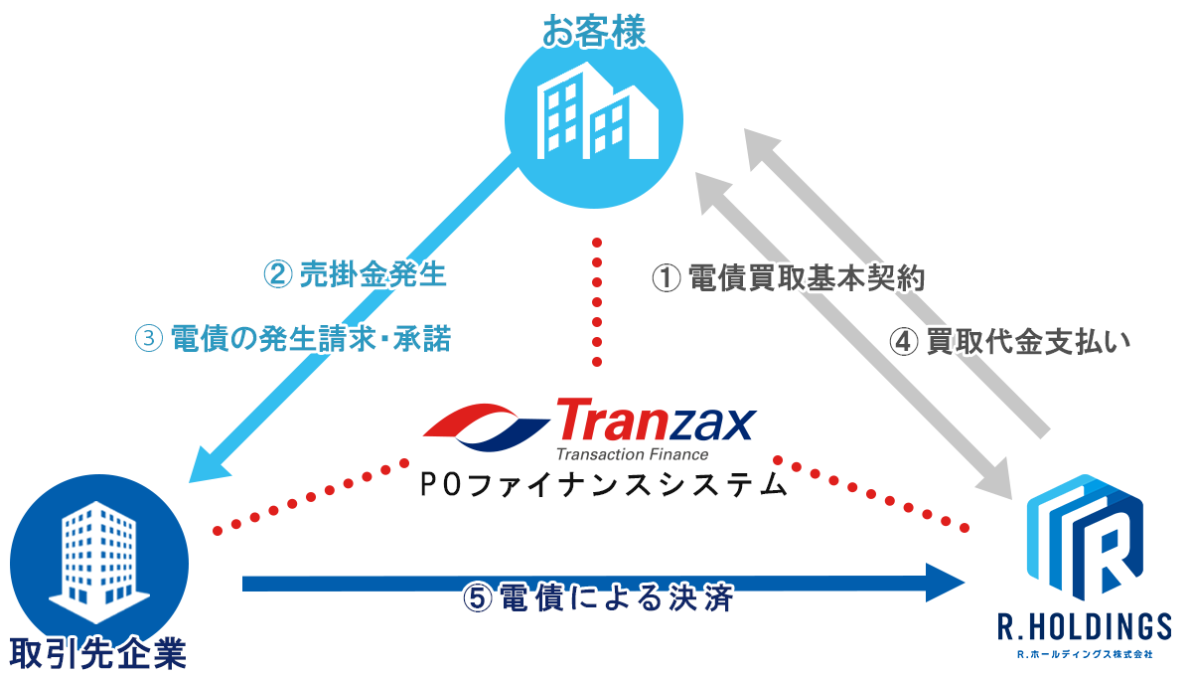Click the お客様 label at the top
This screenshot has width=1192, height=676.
(594, 30)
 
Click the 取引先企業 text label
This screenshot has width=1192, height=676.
(98, 653)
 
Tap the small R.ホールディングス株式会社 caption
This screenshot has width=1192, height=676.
(1083, 655)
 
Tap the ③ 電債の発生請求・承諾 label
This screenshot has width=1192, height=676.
(293, 339)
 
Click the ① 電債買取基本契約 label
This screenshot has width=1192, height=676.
(789, 278)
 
